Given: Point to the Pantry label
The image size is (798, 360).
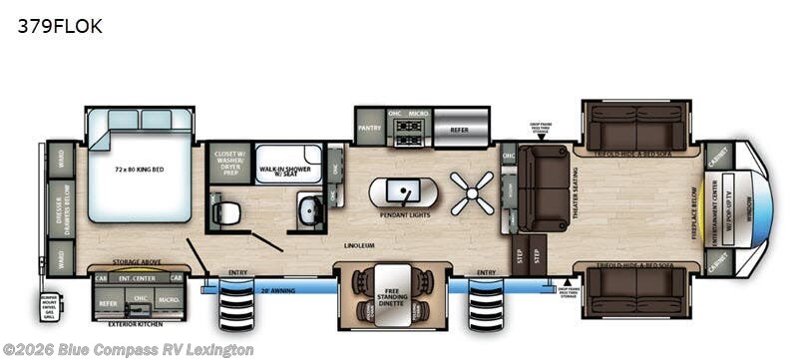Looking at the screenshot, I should pyautogui.click(x=369, y=128).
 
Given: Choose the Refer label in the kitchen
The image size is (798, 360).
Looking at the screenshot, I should pyautogui.click(x=459, y=128).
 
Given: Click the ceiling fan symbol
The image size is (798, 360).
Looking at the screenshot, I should pyautogui.click(x=471, y=190).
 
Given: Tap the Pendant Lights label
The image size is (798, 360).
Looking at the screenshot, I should pyautogui.click(x=404, y=215).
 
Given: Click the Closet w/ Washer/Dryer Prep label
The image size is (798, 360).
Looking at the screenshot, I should pyautogui.click(x=228, y=163).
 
